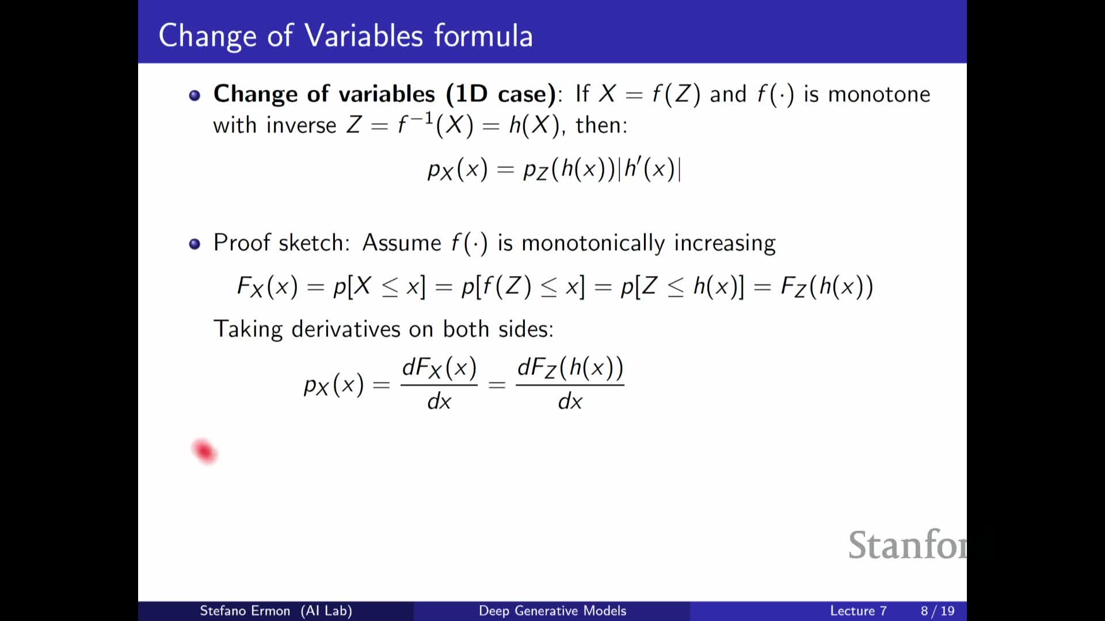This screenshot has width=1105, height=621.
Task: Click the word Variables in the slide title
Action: click(364, 36)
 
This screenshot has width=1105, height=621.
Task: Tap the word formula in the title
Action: click(483, 36)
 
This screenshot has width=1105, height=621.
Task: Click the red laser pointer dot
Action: click(204, 451)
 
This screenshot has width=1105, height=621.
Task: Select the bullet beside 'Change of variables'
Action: click(195, 95)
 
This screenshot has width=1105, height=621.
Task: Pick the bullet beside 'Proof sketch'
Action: click(195, 244)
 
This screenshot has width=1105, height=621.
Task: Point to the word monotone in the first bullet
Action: click(879, 94)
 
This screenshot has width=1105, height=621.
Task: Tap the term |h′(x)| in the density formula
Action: click(650, 169)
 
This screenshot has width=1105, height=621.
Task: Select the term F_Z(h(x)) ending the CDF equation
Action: click(826, 286)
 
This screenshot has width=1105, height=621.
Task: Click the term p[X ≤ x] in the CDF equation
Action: click(379, 286)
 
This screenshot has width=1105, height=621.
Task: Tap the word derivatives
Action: click(346, 329)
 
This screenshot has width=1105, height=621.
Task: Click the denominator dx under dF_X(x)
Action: click(439, 401)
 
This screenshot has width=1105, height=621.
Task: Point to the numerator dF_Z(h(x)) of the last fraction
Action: click(570, 367)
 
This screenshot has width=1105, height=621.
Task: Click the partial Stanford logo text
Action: click(908, 545)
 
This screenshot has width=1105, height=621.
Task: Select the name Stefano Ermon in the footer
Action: click(245, 611)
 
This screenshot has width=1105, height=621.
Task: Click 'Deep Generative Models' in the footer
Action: click(552, 611)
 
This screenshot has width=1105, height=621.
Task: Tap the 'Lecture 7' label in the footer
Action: click(858, 611)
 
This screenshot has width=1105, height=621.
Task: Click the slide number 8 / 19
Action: click(938, 611)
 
